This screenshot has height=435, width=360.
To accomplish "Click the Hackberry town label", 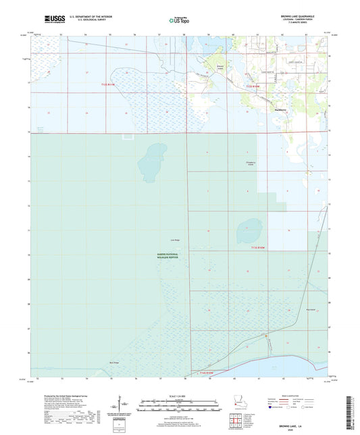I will pyautogui.click(x=278, y=109).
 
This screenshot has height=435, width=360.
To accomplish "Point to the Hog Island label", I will pyautogui.click(x=311, y=310).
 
